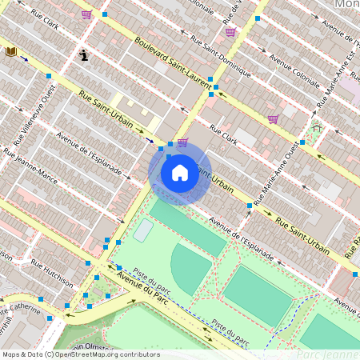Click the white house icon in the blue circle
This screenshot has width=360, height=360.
pos(179,173)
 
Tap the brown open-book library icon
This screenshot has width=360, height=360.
pos(11,51)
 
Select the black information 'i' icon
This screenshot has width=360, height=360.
pos(84,54)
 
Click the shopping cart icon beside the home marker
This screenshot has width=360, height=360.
pos(182,143)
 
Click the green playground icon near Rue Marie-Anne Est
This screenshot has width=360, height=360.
pos(316,126)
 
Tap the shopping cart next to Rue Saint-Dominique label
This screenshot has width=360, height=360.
pos(230,32)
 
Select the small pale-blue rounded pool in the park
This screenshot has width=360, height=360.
pos(143,230)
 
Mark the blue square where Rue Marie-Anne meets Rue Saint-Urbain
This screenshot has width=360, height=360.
pos(250,206)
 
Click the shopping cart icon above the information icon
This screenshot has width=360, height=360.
pos(86,14)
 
